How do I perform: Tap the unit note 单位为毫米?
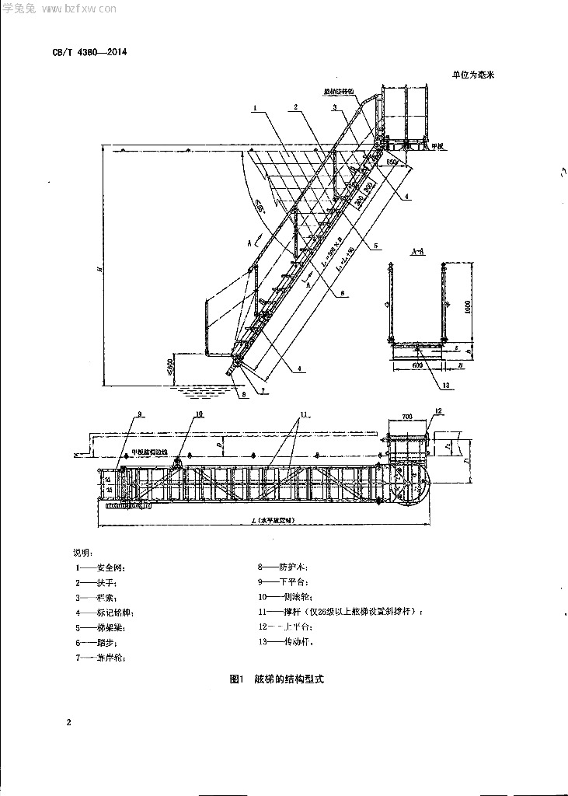(x=472, y=75)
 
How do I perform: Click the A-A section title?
(x=416, y=251)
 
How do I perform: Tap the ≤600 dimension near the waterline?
(x=170, y=365)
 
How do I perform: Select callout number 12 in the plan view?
(x=438, y=410)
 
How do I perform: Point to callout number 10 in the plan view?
(x=199, y=415)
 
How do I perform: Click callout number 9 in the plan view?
(x=140, y=415)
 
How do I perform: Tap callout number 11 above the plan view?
(x=305, y=413)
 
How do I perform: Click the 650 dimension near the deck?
(x=392, y=162)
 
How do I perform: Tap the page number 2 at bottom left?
(x=69, y=724)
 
